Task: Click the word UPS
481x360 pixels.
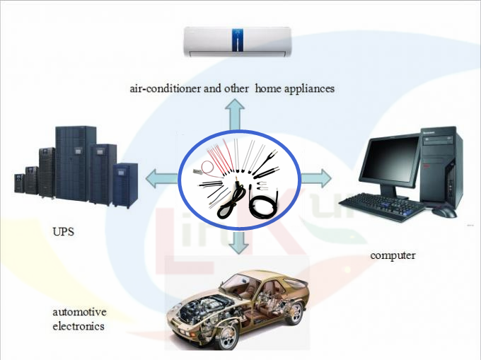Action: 63,231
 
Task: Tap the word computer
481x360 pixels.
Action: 393,255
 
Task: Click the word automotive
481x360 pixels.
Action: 79,312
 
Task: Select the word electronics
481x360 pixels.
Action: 79,325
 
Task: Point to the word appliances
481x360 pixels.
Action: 309,89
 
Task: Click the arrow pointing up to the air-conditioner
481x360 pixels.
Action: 235,115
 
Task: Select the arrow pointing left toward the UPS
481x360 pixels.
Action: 161,178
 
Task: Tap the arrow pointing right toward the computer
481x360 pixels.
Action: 315,178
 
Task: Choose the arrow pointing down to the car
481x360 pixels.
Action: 239,243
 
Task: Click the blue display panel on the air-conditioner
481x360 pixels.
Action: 238,40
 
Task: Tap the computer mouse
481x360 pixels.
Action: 445,212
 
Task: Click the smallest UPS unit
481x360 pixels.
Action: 19,183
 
